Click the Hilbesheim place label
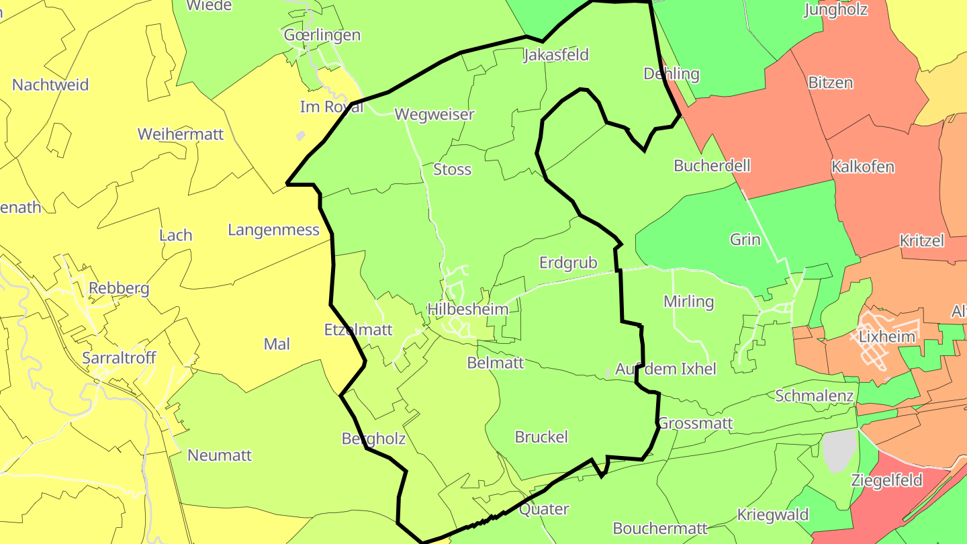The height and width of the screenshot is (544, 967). pos(468,310)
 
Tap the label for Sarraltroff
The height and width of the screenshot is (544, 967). pos(119,358)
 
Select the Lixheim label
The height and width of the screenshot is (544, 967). pos(887,336)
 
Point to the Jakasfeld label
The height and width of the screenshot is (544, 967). pos(556,55)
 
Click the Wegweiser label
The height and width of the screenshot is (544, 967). pos(434,114)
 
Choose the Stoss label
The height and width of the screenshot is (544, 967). pos(453,170)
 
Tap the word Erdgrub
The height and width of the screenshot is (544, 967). pos(568,263)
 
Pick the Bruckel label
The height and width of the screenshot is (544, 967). pos(541,437)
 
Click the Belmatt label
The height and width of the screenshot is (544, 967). pos(496,363)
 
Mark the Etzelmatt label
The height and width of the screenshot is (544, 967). pos(359,330)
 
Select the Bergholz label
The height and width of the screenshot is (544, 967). pos(374,439)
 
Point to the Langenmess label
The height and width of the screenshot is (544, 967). pos(273,230)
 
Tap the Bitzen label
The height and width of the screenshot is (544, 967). pos(831,83)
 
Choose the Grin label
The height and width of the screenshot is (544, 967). pos(745,240)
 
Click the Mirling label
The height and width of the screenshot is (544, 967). pos(688,302)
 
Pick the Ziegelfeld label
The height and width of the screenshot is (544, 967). pos(886,481)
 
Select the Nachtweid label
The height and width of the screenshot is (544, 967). pos(50,85)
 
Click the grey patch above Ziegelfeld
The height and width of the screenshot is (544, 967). pos(840,450)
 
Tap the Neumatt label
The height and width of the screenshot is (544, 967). pos(220,455)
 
